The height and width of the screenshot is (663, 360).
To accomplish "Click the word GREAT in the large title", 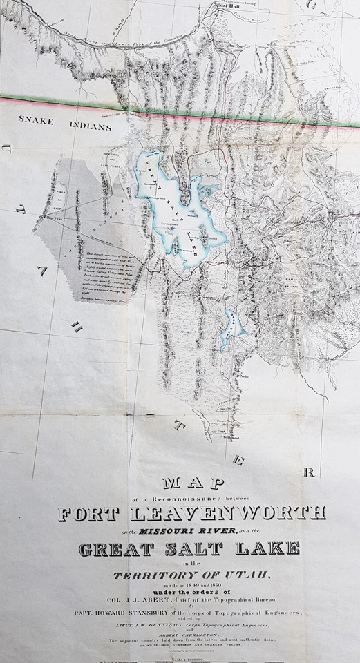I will (x=113, y=550).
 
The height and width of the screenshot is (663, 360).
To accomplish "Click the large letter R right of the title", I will (x=309, y=472).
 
